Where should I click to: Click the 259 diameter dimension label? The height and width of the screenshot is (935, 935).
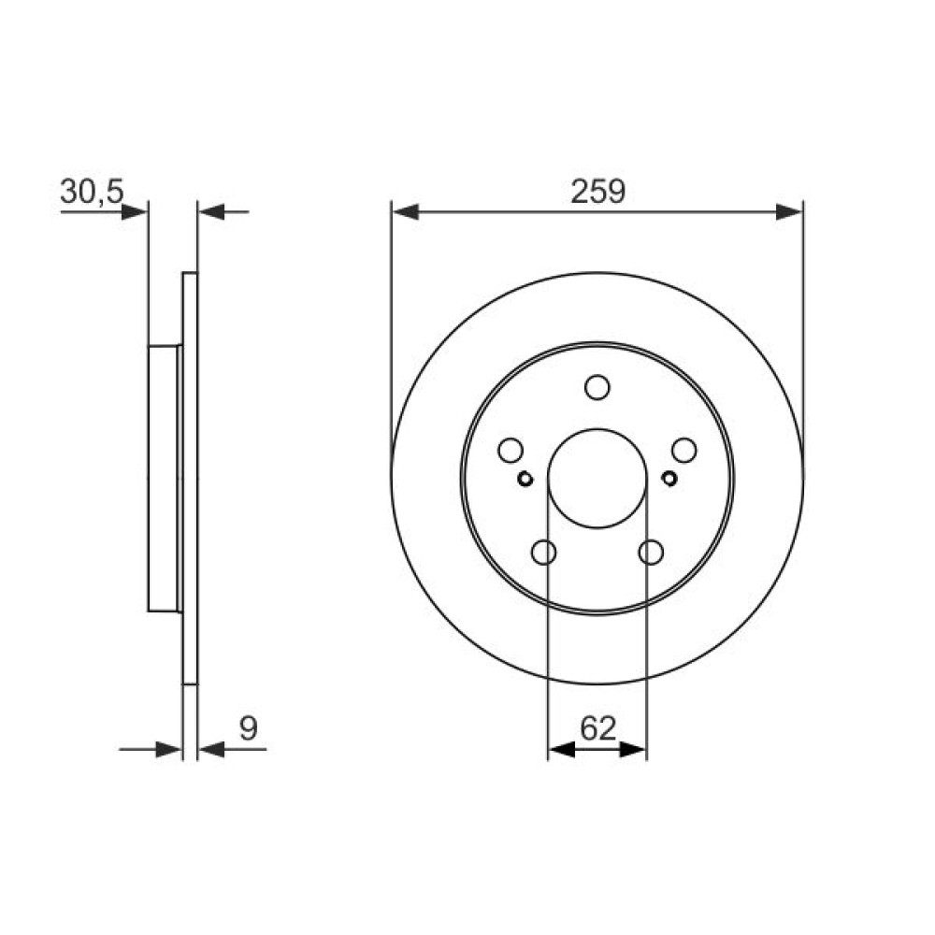(x=597, y=192)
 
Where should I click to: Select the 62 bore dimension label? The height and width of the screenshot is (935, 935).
(x=597, y=728)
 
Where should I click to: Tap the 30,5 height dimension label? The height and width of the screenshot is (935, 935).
(x=92, y=192)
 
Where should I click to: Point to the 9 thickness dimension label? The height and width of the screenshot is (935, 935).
(x=248, y=728)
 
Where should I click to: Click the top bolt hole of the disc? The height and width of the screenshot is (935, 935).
(x=597, y=388)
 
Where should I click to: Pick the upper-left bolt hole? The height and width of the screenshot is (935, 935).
(x=511, y=451)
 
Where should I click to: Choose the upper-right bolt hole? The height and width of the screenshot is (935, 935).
(x=684, y=451)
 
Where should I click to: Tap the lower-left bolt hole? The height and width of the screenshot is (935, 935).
(x=543, y=553)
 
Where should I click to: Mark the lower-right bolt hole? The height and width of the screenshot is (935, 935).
(x=651, y=553)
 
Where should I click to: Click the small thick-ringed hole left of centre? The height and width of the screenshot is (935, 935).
(x=525, y=478)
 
